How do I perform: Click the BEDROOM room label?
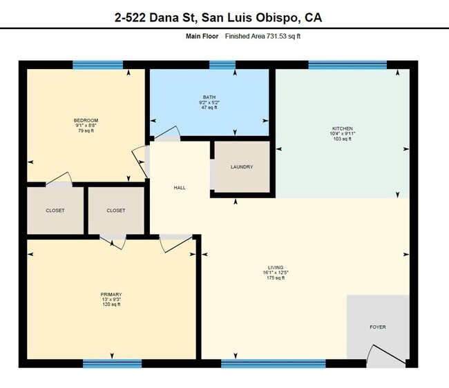pos(86,120)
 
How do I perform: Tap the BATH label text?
pos(209,97)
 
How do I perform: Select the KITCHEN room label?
pos(342,128)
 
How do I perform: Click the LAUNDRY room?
pos(241,167)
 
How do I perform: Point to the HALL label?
pos(179,187)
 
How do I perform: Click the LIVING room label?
pos(276,267)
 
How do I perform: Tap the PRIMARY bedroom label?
pos(111,294)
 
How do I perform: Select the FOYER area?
pos(378,327)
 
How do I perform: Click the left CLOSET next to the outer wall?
pos(55,211)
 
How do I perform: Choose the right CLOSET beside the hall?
pos(116,211)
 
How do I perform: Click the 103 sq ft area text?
pos(342,139)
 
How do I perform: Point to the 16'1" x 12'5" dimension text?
pos(276,273)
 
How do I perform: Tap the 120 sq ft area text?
pos(111,304)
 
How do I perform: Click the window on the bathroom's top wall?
pos(222,65)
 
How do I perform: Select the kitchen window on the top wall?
pos(337,65)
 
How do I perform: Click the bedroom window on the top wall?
pos(98,65)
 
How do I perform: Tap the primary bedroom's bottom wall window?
pos(112,362)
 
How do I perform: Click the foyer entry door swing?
pos(380,352)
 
